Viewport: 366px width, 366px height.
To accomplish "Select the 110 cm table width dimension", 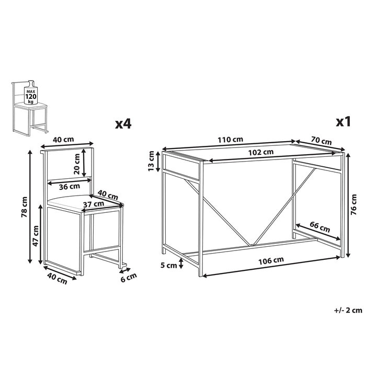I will click(x=231, y=140).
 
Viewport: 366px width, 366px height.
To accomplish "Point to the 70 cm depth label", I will click(x=321, y=141).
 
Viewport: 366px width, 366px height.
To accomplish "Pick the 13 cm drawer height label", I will click(x=151, y=161).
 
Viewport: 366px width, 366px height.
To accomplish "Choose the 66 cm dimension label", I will click(x=320, y=228).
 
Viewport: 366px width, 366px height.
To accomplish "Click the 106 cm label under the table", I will click(x=271, y=260).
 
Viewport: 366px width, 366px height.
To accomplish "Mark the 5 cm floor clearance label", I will click(x=168, y=265).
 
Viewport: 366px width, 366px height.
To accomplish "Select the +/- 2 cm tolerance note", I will click(x=348, y=310).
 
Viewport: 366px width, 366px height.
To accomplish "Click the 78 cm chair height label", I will click(x=24, y=207).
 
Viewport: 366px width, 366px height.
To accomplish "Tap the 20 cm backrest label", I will click(x=77, y=163).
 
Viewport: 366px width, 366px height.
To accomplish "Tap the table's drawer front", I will click(x=181, y=168).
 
